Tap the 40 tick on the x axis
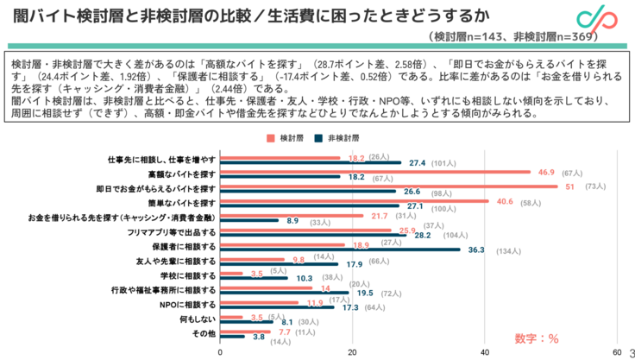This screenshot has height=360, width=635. click(485, 352)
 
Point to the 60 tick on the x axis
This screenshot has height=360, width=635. click(617, 352)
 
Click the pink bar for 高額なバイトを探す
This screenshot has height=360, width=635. click(374, 172)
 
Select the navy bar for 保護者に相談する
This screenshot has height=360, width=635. click(340, 249)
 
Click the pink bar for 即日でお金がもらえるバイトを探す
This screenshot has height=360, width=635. click(388, 186)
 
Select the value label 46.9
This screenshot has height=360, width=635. click(545, 173)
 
